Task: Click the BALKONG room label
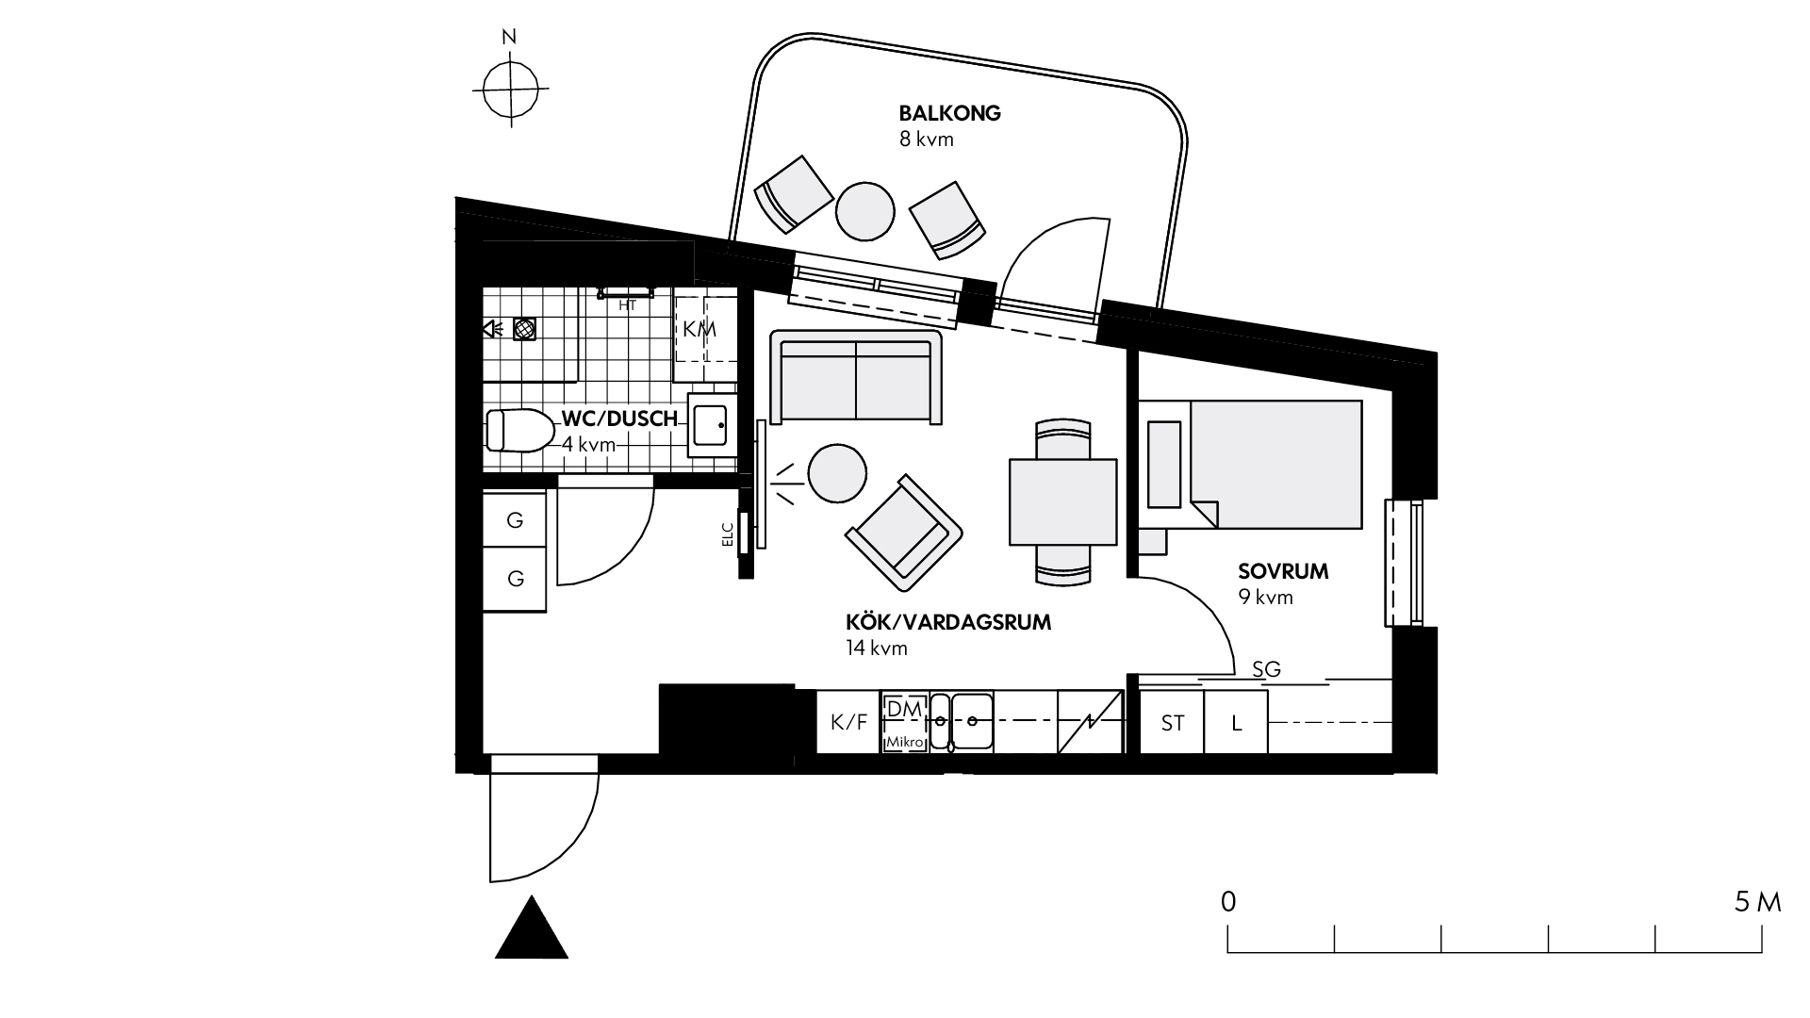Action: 949,114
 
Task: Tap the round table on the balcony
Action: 864,210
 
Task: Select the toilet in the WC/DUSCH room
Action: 518,430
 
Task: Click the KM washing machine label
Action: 699,329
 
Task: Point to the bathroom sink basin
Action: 712,426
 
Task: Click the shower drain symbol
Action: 524,329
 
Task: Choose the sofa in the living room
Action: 856,376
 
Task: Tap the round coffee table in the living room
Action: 837,473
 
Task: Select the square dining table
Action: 1062,501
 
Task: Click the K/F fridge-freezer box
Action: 848,722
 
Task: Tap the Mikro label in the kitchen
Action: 904,743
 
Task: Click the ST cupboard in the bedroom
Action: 1172,723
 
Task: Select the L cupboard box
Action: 1236,723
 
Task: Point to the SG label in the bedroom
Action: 1266,669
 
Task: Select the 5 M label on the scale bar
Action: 1757,902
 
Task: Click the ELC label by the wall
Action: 727,534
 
